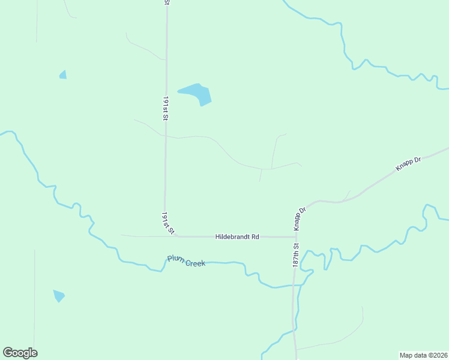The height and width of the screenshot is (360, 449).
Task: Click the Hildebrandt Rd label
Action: [x=237, y=237]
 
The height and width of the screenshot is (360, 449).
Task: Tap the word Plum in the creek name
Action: [x=175, y=259]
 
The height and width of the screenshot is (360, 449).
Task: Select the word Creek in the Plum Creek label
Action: [x=195, y=263]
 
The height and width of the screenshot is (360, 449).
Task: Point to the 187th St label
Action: [x=296, y=254]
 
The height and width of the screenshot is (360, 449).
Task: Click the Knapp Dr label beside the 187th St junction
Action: [x=300, y=218]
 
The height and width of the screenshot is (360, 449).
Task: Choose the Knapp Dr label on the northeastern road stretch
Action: [x=409, y=164]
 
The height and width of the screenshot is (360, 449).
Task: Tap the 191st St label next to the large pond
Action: [x=165, y=107]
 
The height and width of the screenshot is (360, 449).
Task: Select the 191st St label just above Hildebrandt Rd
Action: [x=167, y=223]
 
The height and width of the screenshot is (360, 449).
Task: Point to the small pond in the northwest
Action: [x=63, y=75]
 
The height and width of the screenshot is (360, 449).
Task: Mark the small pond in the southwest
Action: [x=58, y=295]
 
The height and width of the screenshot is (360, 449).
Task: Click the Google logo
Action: [x=20, y=353]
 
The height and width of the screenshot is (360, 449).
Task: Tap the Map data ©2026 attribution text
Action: [x=423, y=355]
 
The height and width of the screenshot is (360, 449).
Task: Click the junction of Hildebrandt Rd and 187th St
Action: [x=296, y=236]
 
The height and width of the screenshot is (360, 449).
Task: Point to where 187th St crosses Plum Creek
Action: [x=295, y=285]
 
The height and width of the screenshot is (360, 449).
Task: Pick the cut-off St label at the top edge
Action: [x=166, y=2]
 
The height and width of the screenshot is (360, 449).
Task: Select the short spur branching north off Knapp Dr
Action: [x=346, y=195]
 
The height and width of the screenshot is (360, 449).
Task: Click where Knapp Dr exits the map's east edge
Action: [x=447, y=148]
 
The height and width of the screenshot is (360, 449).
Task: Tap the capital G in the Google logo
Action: [x=8, y=353]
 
